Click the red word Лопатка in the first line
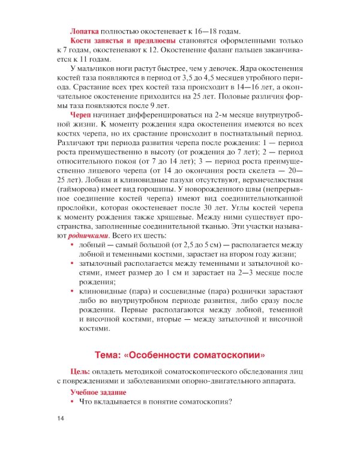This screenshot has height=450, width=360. [x=86, y=31]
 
